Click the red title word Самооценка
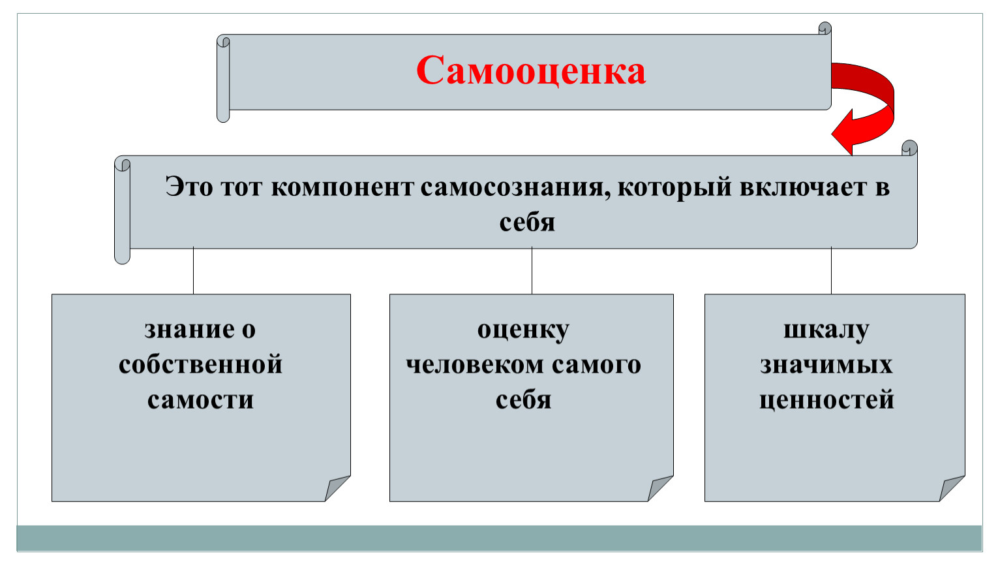coord(531,70)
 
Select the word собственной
coord(200,364)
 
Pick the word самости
coord(200,399)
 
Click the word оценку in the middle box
coord(523,332)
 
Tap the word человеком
coord(476,365)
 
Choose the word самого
coord(596,365)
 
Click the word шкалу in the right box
coord(826,332)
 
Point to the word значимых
coord(826,365)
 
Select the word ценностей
coord(826,400)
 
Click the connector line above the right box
coord(831,271)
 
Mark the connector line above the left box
coord(193,271)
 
